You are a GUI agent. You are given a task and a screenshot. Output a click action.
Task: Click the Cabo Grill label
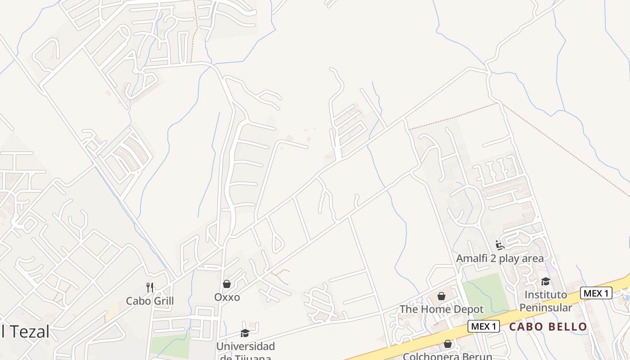tap(149, 301)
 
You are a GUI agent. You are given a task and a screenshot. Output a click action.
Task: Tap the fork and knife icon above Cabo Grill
tap(150, 287)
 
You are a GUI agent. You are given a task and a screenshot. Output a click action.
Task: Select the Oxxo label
tap(227, 297)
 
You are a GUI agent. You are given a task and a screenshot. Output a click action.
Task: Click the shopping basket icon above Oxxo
tap(227, 284)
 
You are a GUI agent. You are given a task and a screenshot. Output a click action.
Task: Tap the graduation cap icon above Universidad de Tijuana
tap(245, 333)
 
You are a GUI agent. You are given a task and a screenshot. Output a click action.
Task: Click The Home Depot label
tap(441, 309)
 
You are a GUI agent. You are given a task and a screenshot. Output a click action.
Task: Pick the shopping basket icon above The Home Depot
tap(441, 296)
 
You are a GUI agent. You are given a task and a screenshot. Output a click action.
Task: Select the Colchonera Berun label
tap(447, 356)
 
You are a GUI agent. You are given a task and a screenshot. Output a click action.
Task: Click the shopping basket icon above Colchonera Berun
tap(447, 344)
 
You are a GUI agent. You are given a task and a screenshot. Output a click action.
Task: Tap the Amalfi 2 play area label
tap(499, 258)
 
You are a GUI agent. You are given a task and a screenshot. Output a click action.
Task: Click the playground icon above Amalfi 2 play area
tap(499, 245)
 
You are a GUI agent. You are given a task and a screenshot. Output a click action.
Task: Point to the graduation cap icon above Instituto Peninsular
tap(545, 282)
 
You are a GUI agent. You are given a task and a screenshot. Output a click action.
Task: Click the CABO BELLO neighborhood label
tap(548, 327)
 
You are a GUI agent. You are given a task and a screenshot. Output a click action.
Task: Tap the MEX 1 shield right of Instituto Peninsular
tap(596, 293)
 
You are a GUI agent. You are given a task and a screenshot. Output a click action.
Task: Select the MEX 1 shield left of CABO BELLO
tap(484, 326)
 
